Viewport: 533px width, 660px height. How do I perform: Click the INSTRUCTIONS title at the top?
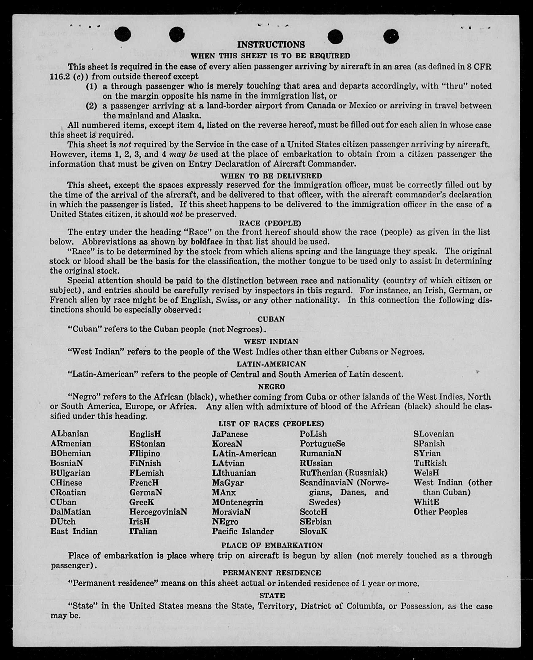[271, 45]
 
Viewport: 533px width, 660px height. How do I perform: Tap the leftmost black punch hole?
[123, 34]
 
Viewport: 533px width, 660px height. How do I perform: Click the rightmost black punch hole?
[391, 36]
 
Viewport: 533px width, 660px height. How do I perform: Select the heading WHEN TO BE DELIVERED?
[271, 176]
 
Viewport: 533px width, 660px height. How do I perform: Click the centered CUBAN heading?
[271, 319]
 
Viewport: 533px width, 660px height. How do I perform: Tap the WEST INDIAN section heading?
[271, 342]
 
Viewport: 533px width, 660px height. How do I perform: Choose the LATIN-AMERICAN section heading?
[271, 364]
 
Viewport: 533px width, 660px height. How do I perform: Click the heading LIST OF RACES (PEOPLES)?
[271, 424]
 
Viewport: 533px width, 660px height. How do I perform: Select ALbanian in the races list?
[69, 434]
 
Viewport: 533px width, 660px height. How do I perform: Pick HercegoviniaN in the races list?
[158, 512]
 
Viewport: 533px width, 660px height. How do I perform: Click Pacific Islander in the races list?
[243, 531]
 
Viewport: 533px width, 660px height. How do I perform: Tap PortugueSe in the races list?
[322, 444]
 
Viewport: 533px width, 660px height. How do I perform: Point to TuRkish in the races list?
[430, 463]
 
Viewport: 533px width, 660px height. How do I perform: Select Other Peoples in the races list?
[440, 512]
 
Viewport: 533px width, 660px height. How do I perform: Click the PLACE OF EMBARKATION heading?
[272, 545]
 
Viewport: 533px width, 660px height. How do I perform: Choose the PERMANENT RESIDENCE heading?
[271, 573]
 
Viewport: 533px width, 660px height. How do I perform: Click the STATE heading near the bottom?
[272, 596]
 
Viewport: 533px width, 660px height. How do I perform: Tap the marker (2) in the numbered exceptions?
[91, 106]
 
